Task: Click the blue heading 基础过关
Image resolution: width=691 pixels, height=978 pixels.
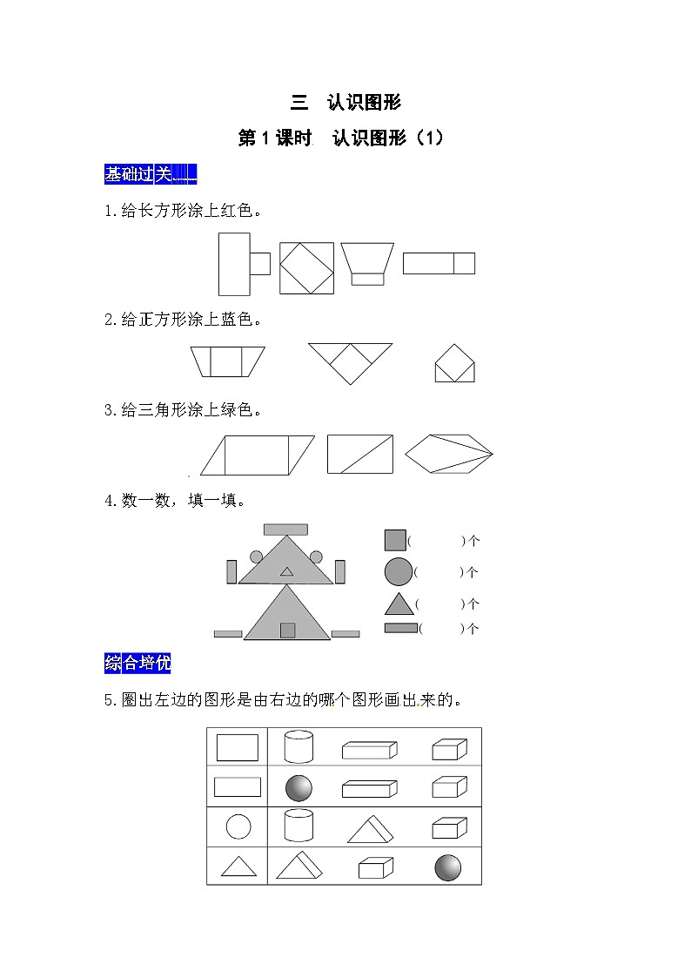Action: point(151,174)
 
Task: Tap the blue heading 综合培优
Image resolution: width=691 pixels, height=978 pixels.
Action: point(138,663)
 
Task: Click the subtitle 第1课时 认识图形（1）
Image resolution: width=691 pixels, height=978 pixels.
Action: point(341,138)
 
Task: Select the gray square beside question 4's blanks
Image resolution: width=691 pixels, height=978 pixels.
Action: point(395,540)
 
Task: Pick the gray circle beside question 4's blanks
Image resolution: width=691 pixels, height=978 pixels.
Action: point(399,571)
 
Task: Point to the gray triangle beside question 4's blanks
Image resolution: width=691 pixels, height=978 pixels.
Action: point(399,604)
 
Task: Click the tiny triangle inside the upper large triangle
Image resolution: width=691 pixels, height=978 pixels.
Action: point(286,571)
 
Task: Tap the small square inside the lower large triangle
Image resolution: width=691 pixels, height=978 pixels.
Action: point(287,630)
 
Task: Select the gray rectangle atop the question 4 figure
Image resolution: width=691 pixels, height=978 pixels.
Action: point(286,529)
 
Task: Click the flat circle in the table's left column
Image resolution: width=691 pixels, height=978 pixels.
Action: point(238,827)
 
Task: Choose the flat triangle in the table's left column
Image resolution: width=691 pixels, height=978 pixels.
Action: point(238,867)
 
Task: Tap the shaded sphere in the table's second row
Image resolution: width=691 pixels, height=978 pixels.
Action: point(299,788)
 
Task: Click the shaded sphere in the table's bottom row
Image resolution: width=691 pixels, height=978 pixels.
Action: point(447,867)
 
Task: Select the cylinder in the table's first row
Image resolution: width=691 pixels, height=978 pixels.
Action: point(299,746)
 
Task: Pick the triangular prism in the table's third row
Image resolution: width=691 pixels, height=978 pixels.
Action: point(370,830)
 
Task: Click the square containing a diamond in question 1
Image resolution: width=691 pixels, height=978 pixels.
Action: point(306,268)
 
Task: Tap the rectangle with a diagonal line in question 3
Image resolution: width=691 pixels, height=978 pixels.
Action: point(360,454)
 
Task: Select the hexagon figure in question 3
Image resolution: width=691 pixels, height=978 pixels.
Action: point(448,454)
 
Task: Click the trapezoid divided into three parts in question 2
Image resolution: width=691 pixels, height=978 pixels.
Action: point(227,361)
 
